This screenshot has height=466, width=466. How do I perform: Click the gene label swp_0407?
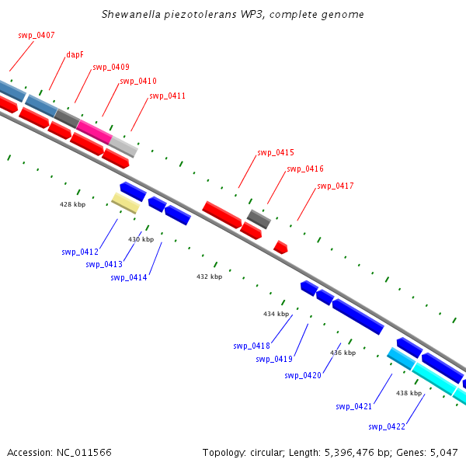click(36, 35)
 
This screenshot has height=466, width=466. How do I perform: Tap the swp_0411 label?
click(167, 96)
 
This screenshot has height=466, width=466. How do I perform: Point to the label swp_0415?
click(275, 152)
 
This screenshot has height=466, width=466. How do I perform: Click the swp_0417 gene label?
click(335, 186)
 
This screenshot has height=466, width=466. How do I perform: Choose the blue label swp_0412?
click(80, 252)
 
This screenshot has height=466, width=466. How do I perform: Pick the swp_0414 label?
click(129, 277)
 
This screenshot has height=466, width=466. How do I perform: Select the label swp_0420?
click(303, 375)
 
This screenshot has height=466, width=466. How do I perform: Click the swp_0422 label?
click(387, 426)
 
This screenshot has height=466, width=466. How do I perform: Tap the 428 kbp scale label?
click(72, 204)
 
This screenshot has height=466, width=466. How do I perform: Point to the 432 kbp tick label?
click(209, 276)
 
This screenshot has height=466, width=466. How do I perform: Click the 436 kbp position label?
click(343, 353)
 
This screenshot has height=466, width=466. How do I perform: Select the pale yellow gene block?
click(125, 203)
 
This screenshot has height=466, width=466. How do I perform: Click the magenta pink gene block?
click(94, 130)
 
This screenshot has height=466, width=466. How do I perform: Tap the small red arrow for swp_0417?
click(280, 247)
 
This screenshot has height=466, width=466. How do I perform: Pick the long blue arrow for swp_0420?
click(358, 316)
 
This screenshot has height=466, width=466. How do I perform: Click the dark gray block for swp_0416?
click(259, 218)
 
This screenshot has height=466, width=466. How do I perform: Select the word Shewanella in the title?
click(129, 15)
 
